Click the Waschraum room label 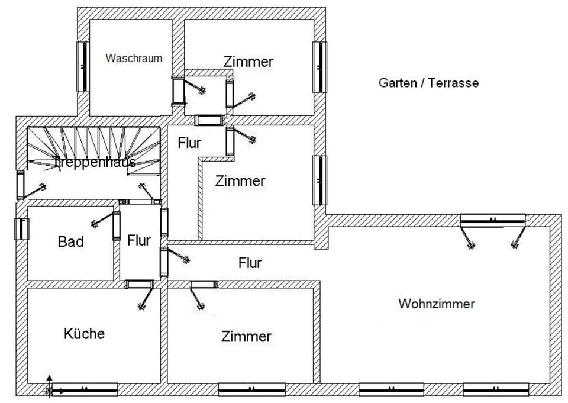pos(134,59)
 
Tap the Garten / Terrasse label pos(428,83)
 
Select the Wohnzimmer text pos(437,304)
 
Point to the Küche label pos(84,334)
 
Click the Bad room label pos(71,241)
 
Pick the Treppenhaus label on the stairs pos(95,162)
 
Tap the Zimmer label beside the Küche pos(246,337)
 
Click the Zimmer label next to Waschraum pos(248,62)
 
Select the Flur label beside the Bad pos(139,240)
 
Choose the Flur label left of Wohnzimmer pos(250,263)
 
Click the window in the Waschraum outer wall pos(83,66)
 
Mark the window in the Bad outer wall pos(21,229)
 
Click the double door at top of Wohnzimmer pos(493,220)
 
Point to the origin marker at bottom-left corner pos(50,390)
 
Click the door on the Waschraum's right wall pos(177,92)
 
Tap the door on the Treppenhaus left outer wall pos(21,185)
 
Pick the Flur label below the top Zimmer pos(189,143)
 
